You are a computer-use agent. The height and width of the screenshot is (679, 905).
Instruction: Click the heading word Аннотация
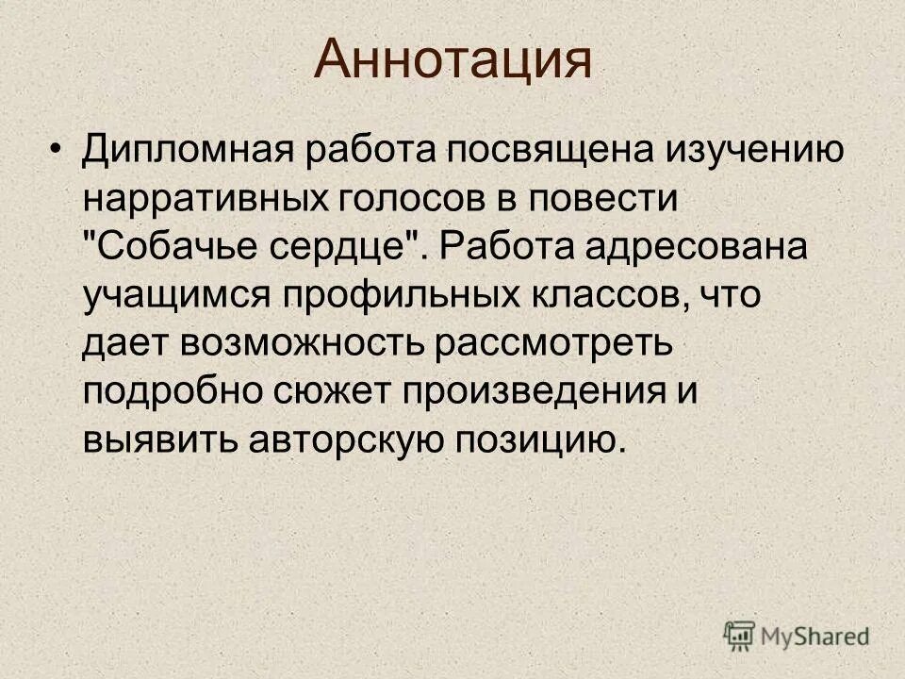452,60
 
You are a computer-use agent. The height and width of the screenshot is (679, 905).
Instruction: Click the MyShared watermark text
815,637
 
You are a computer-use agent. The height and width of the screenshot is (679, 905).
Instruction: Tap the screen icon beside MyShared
740,637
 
